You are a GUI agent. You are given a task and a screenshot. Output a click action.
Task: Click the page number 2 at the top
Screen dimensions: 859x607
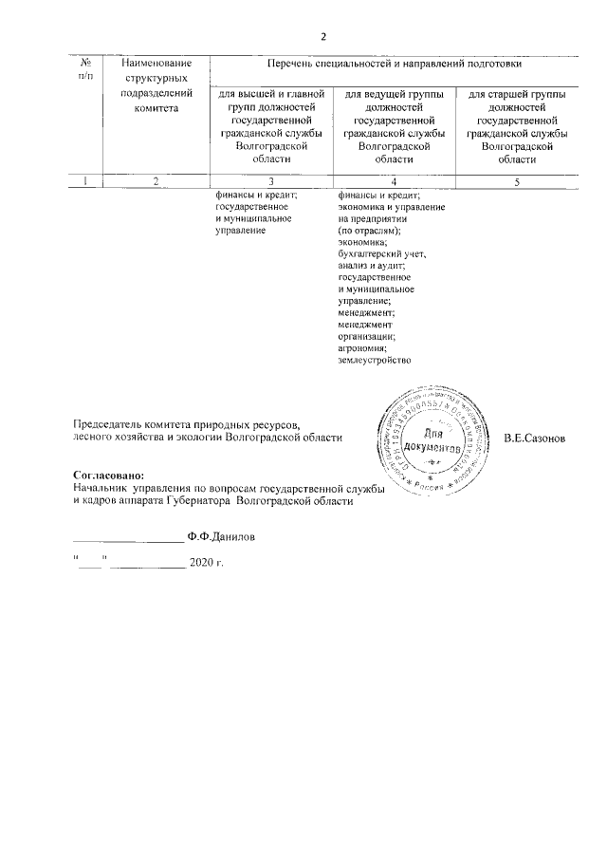pyautogui.click(x=322, y=37)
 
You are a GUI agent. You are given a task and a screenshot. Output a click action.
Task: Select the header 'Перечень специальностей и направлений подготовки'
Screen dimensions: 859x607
pyautogui.click(x=394, y=64)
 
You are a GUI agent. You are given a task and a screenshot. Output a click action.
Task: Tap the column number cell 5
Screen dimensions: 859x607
pyautogui.click(x=517, y=182)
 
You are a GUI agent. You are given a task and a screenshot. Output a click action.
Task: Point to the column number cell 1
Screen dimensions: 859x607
pyautogui.click(x=86, y=182)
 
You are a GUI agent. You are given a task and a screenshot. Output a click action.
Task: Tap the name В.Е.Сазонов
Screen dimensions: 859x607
pyautogui.click(x=535, y=439)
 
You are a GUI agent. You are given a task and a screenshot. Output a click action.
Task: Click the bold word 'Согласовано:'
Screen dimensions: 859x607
pyautogui.click(x=109, y=474)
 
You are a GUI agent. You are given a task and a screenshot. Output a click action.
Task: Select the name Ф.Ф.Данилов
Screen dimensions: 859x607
pyautogui.click(x=221, y=536)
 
